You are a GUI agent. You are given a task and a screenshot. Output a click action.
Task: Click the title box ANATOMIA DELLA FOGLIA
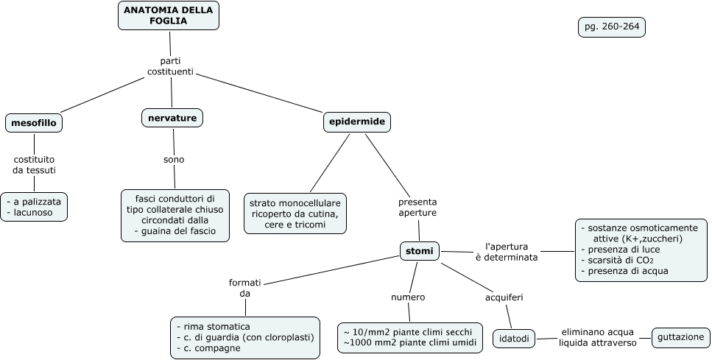169,15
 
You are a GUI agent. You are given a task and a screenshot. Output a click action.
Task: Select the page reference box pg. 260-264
611,27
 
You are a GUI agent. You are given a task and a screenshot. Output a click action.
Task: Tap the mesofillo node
33,123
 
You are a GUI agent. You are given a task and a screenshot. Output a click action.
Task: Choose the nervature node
172,118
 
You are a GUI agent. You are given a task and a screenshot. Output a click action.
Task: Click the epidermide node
356,121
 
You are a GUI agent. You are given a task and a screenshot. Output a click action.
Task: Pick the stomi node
420,252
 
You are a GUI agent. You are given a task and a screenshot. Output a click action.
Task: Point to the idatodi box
512,339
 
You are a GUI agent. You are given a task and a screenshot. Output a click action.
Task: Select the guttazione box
681,338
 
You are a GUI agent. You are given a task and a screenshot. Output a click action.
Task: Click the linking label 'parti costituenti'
170,66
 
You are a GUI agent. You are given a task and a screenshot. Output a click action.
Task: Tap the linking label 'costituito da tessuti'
34,164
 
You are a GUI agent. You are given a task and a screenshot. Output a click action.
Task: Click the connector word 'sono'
174,159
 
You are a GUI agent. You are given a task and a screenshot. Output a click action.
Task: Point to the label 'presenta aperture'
417,207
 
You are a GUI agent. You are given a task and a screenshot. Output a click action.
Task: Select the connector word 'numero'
407,297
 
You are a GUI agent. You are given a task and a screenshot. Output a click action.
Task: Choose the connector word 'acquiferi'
504,297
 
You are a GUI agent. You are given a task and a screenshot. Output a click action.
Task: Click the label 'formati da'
244,287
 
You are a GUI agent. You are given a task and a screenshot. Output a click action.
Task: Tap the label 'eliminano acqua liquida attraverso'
592,337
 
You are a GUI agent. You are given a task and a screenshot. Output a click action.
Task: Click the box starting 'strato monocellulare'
295,213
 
